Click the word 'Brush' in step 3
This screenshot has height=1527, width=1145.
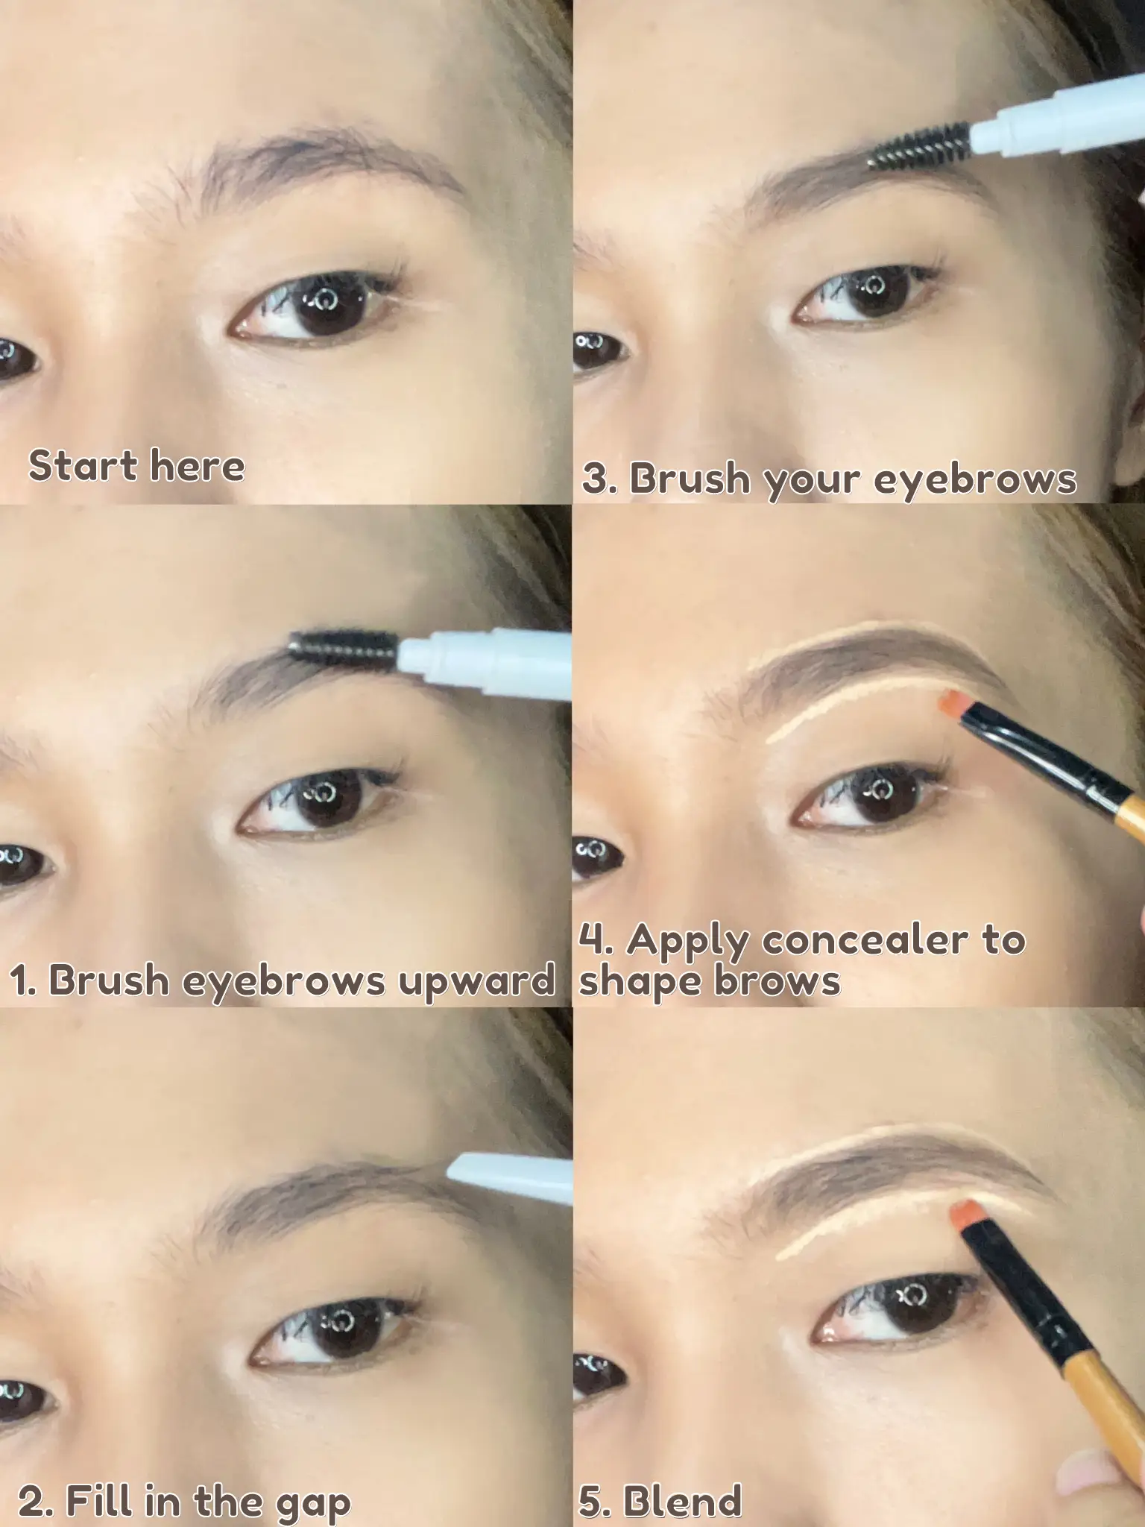690,477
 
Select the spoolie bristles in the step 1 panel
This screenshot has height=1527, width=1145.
343,647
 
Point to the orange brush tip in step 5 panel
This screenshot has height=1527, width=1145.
965,1214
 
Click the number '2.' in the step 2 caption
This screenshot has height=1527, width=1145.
37,1480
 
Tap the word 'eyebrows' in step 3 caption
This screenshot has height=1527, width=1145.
975,479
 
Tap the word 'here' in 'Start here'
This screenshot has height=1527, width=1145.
197,466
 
